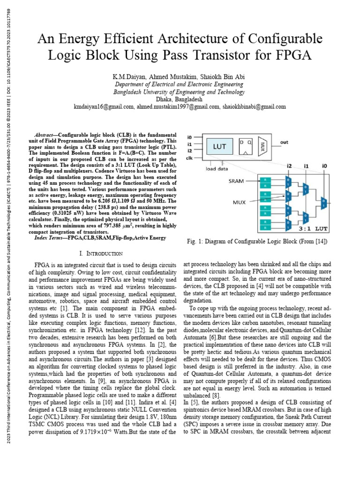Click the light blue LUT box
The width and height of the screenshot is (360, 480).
click(219, 147)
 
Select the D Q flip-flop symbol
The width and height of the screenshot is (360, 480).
click(246, 146)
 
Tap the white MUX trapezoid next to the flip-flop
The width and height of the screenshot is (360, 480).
click(263, 146)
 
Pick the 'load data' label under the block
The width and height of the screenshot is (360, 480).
click(217, 169)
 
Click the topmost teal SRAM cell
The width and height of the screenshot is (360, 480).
click(266, 180)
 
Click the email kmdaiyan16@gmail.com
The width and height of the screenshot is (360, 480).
click(103, 107)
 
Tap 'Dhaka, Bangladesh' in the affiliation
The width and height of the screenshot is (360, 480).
click(180, 99)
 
